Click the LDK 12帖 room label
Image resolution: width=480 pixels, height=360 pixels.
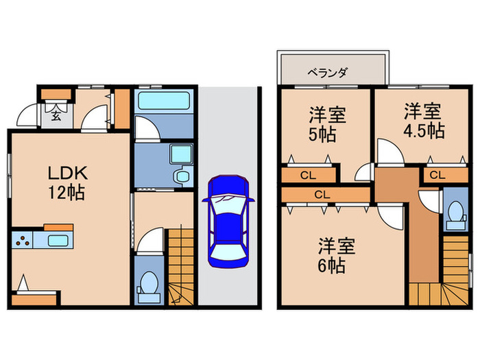[x=67, y=182]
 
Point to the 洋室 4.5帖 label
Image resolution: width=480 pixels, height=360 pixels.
[x=422, y=120]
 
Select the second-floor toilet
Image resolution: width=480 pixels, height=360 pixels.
[x=453, y=217]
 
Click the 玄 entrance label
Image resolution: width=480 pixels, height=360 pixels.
[x=56, y=115]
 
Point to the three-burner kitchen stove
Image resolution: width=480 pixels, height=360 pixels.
[x=22, y=241]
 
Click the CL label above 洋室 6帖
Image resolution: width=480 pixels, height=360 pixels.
[x=322, y=195]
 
